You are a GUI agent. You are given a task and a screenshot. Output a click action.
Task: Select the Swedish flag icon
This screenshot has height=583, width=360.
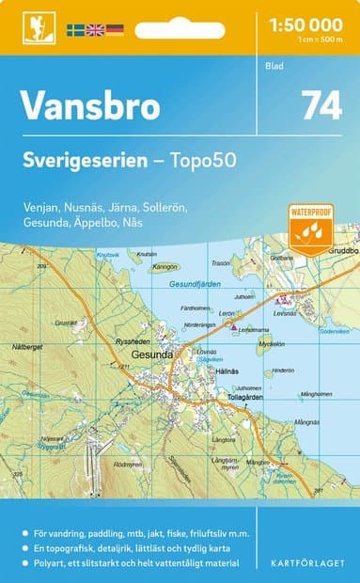point(77,30)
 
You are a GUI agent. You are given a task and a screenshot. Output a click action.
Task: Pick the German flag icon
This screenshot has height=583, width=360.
point(115,30)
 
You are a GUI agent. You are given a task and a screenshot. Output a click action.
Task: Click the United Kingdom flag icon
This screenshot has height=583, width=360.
point(96,30)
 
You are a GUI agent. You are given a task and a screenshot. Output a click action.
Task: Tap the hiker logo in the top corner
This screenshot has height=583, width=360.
point(39,28)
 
